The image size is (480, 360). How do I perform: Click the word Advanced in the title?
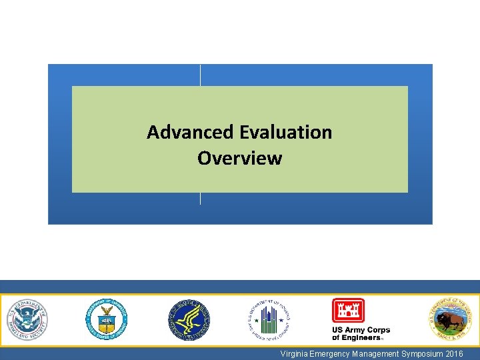[x=179, y=132]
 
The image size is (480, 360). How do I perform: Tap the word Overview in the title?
[x=239, y=159]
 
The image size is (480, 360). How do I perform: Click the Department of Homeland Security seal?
[x=27, y=319]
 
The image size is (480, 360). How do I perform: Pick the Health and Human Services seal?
[x=189, y=319]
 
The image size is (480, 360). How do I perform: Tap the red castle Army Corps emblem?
[x=348, y=311]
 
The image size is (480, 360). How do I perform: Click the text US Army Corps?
[x=361, y=330]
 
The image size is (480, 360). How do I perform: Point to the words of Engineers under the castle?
[x=357, y=338]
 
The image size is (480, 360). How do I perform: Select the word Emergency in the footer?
[x=331, y=353]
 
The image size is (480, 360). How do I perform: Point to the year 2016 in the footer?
[x=455, y=353]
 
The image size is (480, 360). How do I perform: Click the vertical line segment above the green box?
[x=201, y=75]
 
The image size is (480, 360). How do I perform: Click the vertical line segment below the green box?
[x=201, y=199]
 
